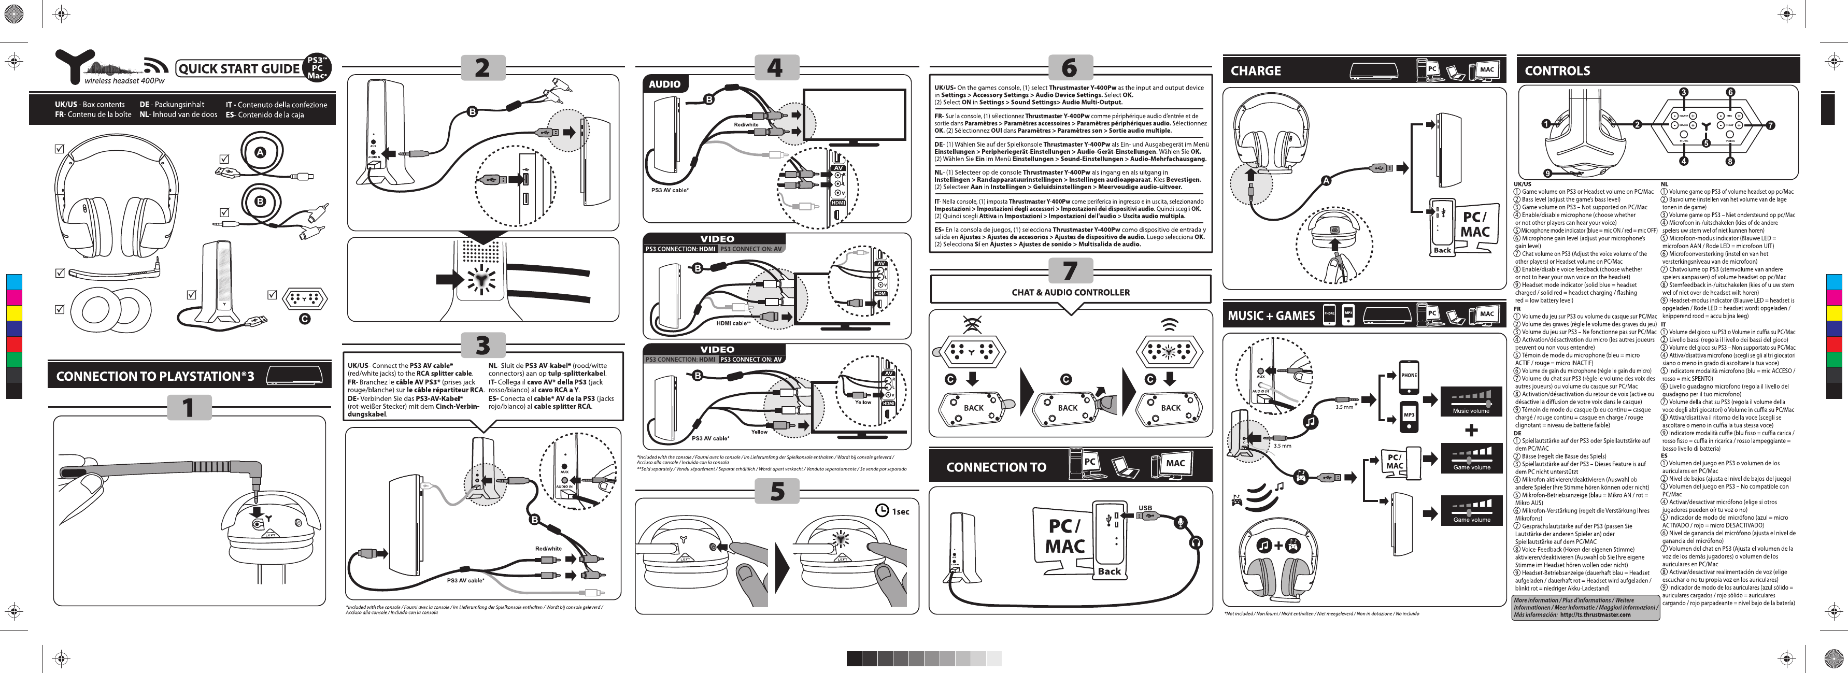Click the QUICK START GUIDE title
pos(239,69)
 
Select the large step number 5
pos(777,492)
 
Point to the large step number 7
pos(1070,271)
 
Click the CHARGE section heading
pos(1256,70)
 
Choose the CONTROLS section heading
pos(1557,70)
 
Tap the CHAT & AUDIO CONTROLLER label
pos(1070,292)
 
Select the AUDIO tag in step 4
pos(664,84)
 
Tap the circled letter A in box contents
pos(261,152)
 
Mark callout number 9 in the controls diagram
pos(1547,173)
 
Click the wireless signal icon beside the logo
pos(155,65)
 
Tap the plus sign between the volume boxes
pos(1471,431)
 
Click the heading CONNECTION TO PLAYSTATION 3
pos(155,376)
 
